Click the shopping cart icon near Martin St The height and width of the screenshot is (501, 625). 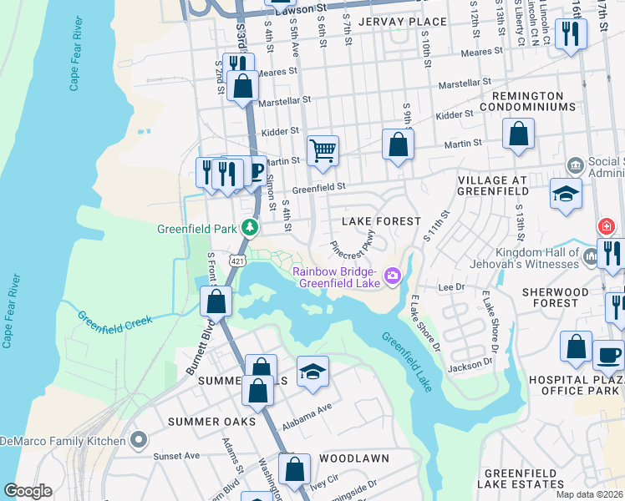pos(323,151)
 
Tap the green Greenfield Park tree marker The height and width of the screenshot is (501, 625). pos(249,227)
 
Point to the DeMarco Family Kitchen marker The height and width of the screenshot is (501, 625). pos(139,439)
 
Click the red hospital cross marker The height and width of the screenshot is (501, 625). pos(606,226)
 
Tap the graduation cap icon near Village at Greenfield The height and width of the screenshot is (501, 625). pos(566,194)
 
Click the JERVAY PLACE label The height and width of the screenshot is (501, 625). pos(392,21)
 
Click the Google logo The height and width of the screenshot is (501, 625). pos(28,490)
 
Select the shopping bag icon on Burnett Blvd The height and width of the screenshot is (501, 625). pos(216,301)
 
